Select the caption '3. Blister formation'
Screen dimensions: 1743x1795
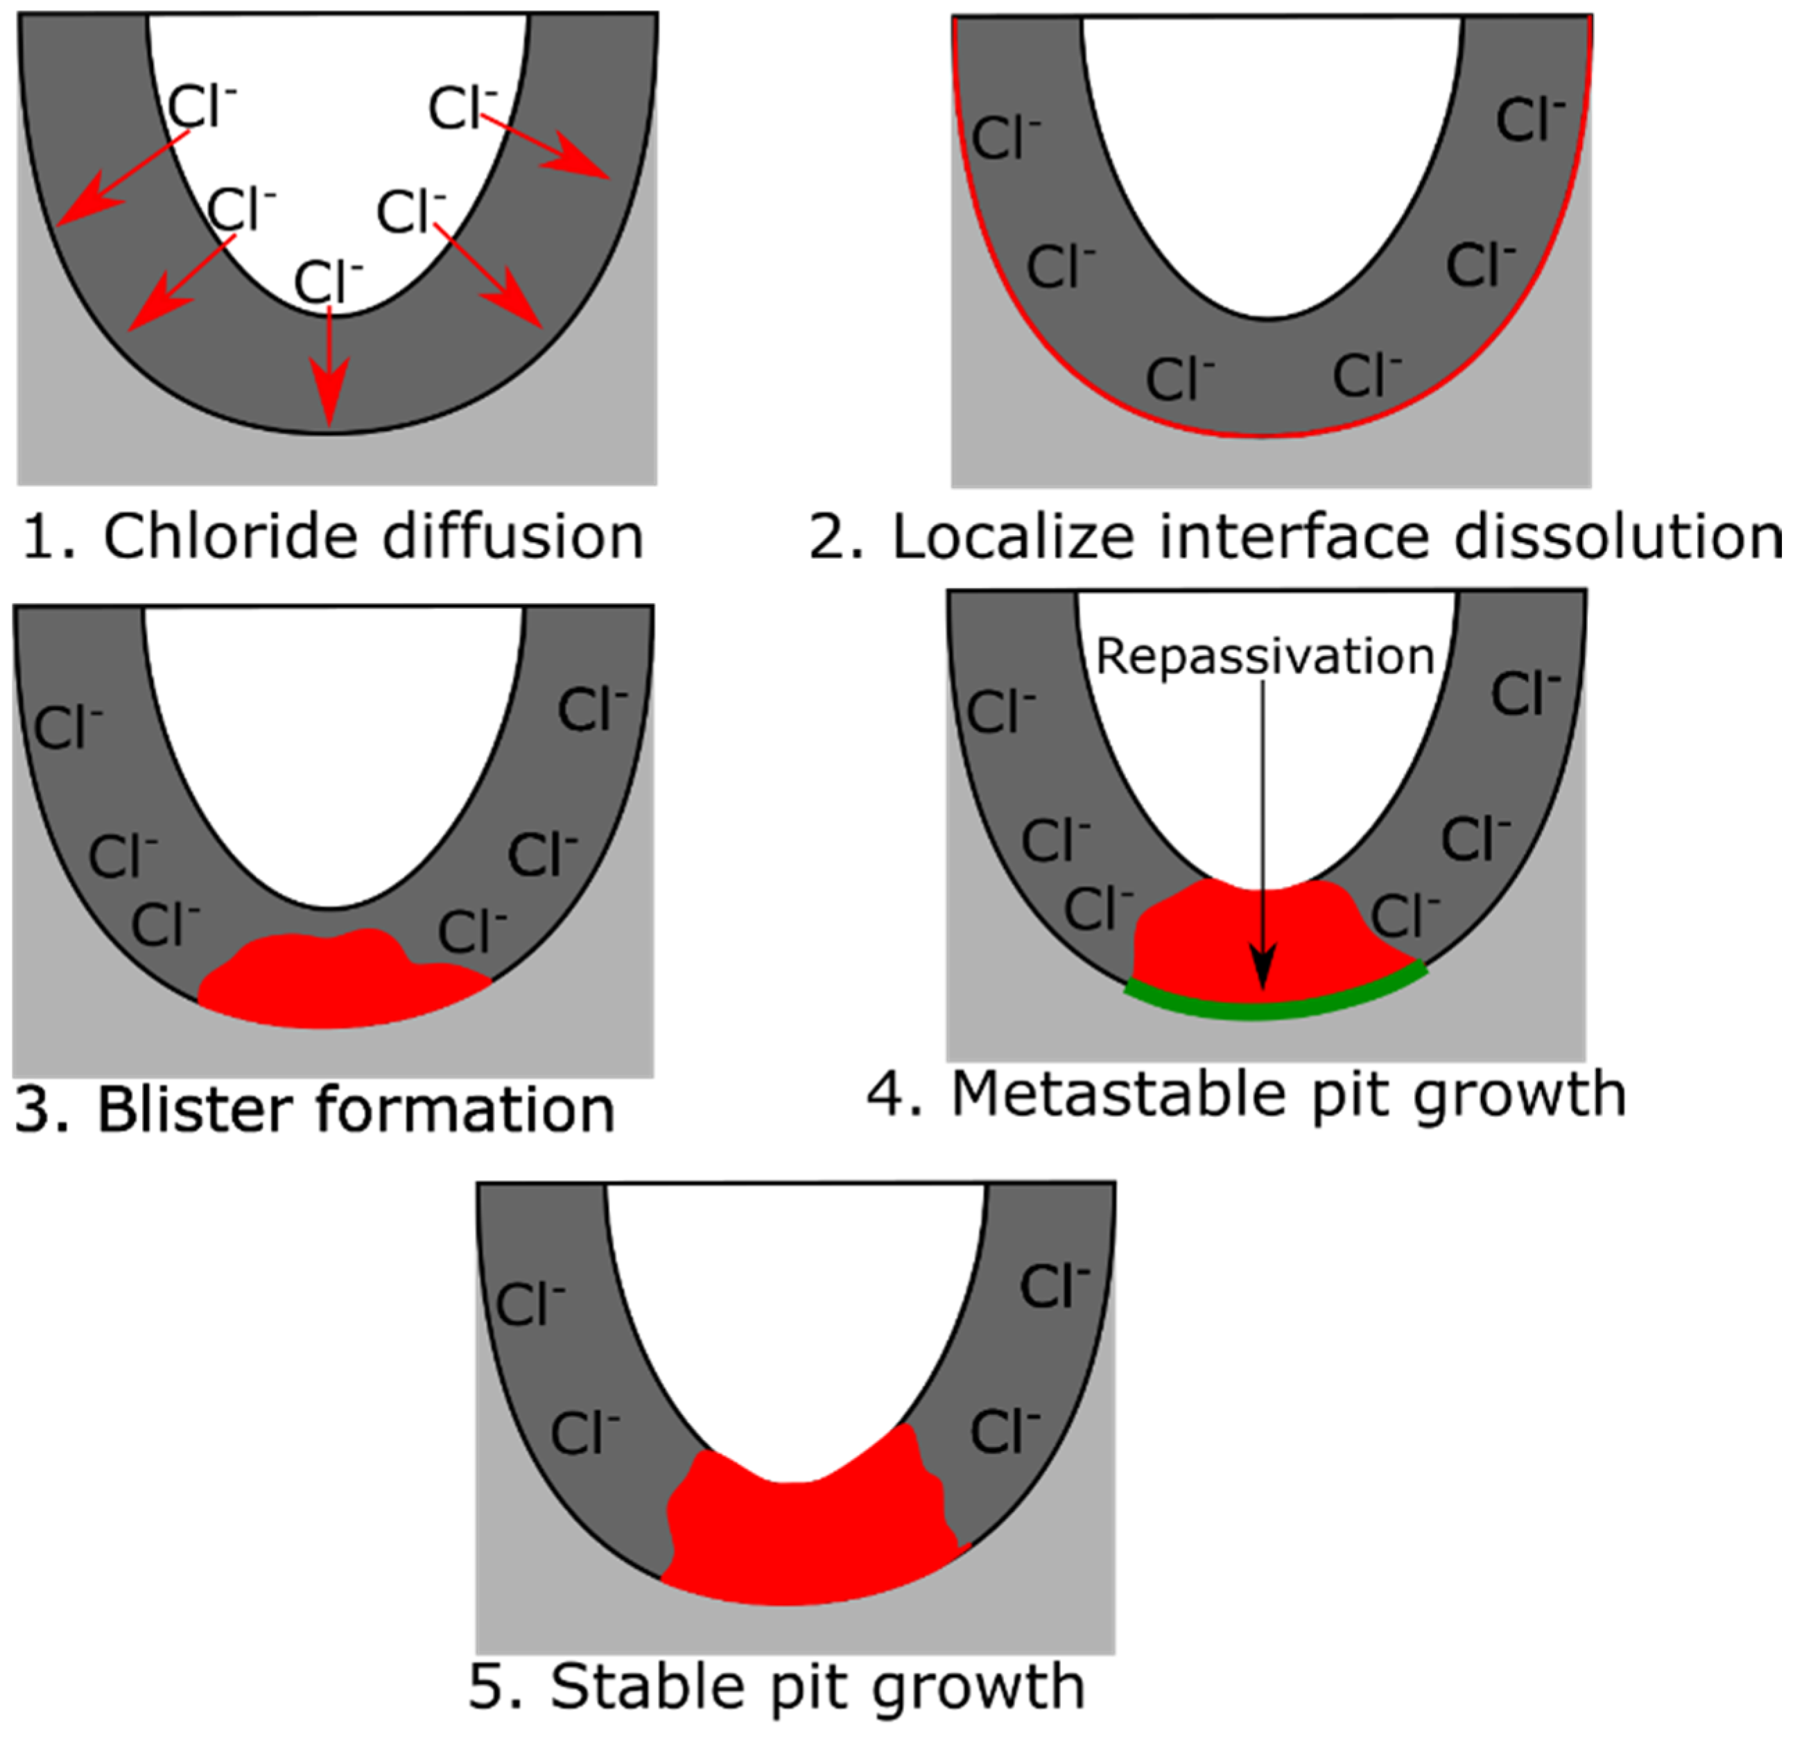315,1110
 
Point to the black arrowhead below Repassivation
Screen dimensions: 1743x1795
1264,966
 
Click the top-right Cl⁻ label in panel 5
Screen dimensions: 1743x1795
1053,1286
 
